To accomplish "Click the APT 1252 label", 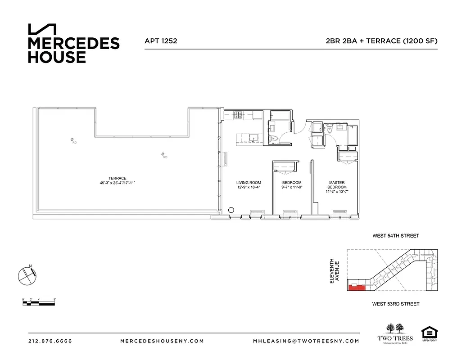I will pyautogui.click(x=161, y=41).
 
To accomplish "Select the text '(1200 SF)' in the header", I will pyautogui.click(x=420, y=41).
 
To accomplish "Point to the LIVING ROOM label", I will pyautogui.click(x=249, y=183).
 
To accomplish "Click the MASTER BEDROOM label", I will pyautogui.click(x=337, y=184).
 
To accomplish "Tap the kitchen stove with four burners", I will pyautogui.click(x=238, y=116).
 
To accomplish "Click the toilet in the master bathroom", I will pyautogui.click(x=330, y=130).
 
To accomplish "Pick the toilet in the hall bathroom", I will pyautogui.click(x=273, y=139).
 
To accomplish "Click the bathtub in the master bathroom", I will pyautogui.click(x=352, y=135).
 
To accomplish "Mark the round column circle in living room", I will pyautogui.click(x=231, y=210).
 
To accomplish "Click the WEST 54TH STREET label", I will pyautogui.click(x=395, y=236).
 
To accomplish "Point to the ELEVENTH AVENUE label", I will pyautogui.click(x=334, y=270).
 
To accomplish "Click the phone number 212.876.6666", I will pyautogui.click(x=50, y=341).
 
